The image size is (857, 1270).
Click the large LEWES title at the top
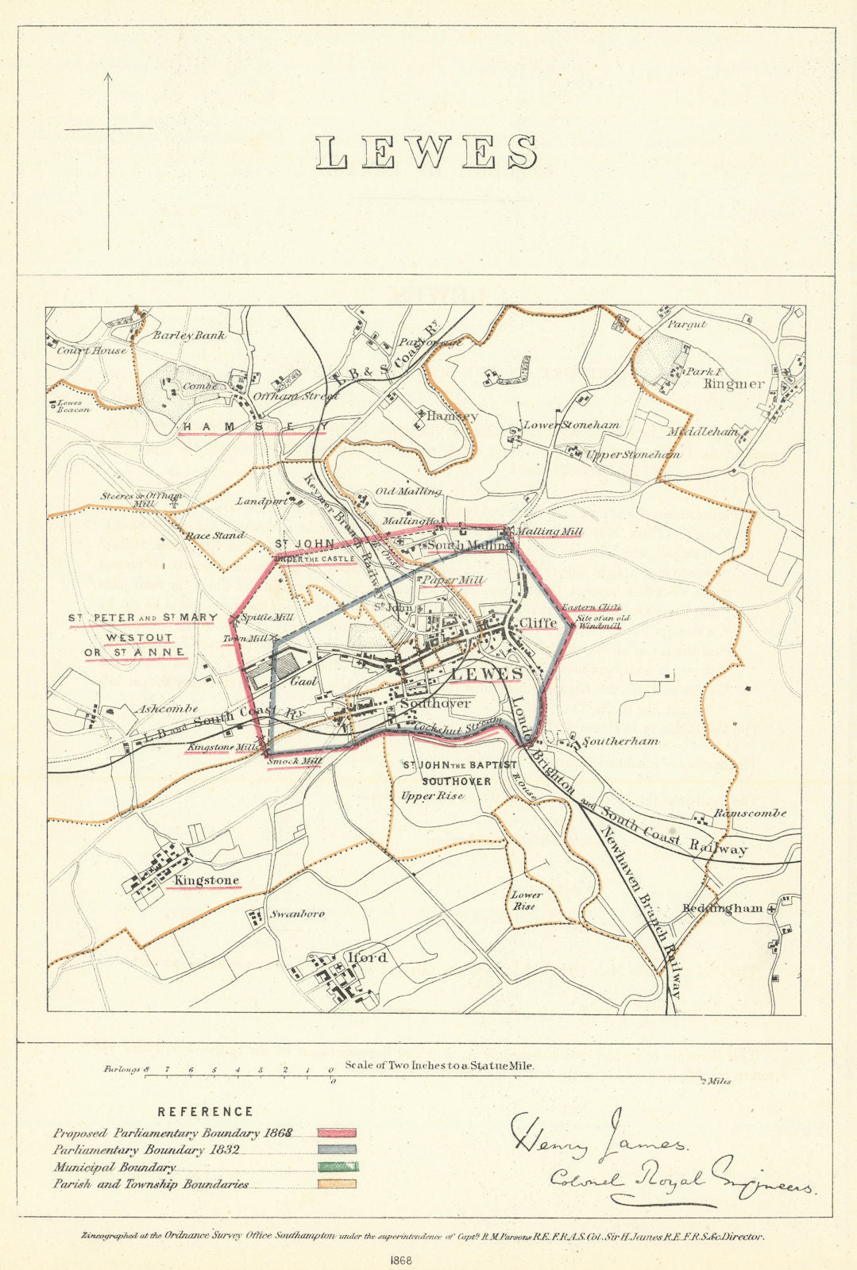click(427, 152)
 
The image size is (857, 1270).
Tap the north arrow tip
click(108, 74)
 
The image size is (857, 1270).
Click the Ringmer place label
click(733, 383)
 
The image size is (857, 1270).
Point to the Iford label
click(368, 957)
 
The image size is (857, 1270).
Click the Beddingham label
click(722, 907)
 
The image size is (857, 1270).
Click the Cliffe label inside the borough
click(538, 623)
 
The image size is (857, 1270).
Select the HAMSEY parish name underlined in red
click(253, 427)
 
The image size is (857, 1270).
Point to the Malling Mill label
click(550, 531)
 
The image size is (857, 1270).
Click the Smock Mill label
click(294, 761)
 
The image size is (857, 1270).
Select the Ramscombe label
click(750, 813)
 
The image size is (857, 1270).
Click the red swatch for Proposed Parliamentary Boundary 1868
click(337, 1133)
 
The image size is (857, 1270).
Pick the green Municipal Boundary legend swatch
click(337, 1168)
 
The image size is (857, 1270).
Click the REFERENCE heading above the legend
click(205, 1112)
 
